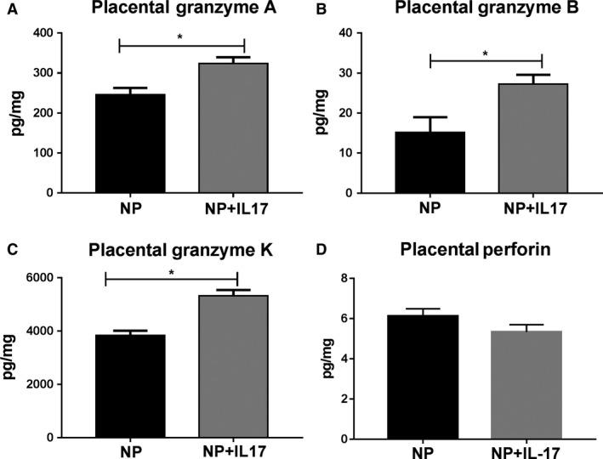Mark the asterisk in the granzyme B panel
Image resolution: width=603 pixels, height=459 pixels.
click(x=486, y=53)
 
